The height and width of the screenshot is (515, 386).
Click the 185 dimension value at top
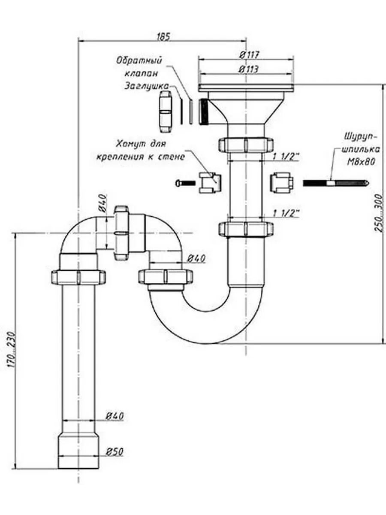(x=163, y=36)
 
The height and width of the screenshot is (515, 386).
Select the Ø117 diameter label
(x=249, y=55)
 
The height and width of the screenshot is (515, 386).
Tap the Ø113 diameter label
(x=249, y=70)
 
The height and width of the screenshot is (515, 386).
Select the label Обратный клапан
(x=140, y=67)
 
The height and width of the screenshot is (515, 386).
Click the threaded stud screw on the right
(x=336, y=183)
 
